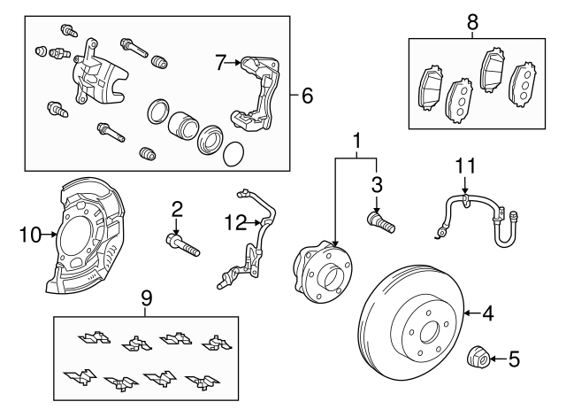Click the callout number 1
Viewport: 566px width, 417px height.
357,141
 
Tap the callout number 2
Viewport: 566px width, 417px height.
177,209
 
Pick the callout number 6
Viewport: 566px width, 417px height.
307,95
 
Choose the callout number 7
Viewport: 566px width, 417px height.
221,61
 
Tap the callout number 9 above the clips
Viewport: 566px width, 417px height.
146,299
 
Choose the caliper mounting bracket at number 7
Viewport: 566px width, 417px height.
256,93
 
